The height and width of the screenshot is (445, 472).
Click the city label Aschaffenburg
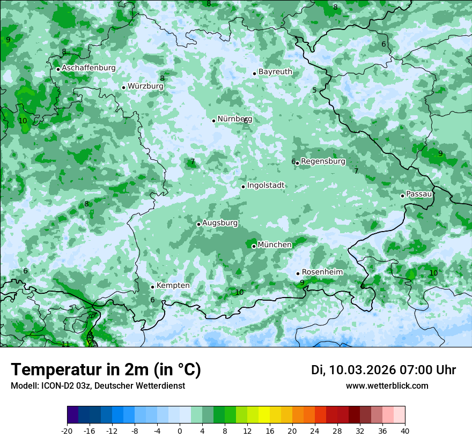point(88,68)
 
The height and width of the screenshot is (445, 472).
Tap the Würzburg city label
point(145,86)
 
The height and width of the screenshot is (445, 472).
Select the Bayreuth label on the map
point(275,72)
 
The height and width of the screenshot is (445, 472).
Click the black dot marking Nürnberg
point(213,121)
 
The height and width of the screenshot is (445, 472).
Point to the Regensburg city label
point(323,161)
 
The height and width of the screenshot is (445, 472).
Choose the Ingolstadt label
point(265,186)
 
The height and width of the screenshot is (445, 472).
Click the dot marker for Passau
point(402,196)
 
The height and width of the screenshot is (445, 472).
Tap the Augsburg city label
point(220,222)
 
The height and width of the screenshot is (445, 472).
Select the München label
point(275,245)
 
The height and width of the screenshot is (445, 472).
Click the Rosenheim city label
point(322,272)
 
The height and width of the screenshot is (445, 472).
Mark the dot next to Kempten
point(152,287)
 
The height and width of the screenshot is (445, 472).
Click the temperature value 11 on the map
point(65,344)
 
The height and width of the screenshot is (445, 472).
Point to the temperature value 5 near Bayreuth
point(314,90)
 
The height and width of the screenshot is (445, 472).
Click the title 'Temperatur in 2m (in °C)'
point(106,369)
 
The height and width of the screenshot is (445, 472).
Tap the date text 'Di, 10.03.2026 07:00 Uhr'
point(383,370)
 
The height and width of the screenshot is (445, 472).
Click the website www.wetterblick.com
point(387,385)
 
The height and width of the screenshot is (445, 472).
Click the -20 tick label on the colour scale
point(67,431)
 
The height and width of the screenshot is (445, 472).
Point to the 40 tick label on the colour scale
point(404,431)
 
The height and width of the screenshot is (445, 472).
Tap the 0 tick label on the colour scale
point(180,431)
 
